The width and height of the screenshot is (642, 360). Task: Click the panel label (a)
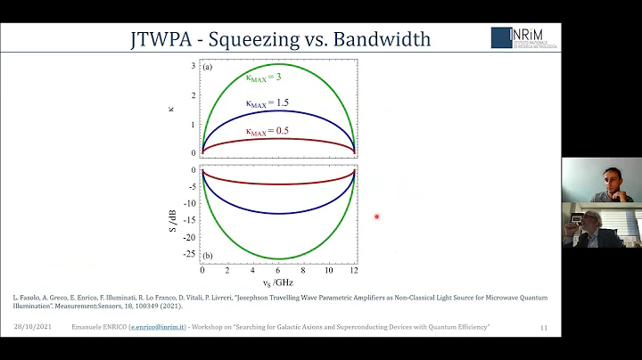(x=208, y=68)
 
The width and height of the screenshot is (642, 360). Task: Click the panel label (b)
(x=208, y=256)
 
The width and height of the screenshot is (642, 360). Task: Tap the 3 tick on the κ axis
(x=193, y=67)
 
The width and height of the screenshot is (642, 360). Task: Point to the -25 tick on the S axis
(x=188, y=253)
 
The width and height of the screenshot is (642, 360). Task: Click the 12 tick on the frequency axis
(x=354, y=269)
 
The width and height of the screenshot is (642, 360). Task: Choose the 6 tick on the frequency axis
(x=279, y=269)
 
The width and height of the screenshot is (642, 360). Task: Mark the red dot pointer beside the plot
(x=377, y=217)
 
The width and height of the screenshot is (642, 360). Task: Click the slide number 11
(x=544, y=329)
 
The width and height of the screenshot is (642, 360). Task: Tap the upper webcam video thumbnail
(x=602, y=180)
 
